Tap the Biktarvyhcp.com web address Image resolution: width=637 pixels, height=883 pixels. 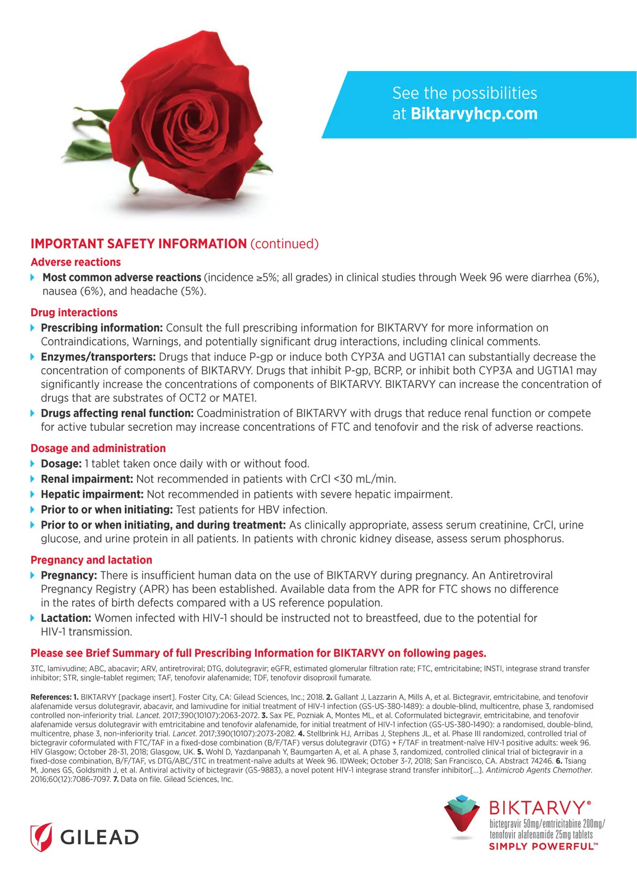(474, 114)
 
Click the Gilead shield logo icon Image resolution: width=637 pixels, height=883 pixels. (41, 837)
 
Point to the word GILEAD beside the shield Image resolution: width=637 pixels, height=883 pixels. (99, 837)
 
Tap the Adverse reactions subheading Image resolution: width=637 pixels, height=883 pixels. (76, 262)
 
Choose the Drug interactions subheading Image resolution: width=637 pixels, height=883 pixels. (74, 313)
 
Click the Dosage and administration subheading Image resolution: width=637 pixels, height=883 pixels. (98, 448)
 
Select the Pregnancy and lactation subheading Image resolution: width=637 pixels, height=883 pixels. (91, 560)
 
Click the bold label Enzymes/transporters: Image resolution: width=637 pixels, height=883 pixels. (98, 357)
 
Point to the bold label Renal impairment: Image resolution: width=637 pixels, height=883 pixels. (87, 479)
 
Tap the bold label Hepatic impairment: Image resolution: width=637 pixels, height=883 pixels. (92, 495)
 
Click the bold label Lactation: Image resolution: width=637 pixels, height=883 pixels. (66, 618)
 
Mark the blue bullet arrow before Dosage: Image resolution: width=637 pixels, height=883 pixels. (33, 464)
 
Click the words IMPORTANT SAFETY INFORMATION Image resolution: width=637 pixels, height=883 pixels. (139, 244)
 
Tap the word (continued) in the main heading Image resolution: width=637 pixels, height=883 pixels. (285, 244)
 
